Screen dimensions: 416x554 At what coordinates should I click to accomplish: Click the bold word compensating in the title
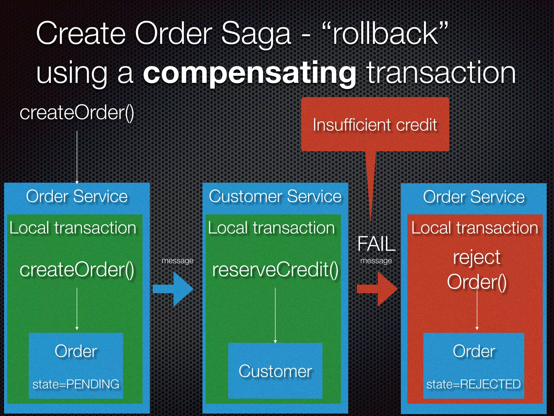249,73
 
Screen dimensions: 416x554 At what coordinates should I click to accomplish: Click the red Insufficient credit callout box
375,125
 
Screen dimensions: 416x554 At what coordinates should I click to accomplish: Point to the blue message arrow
173,289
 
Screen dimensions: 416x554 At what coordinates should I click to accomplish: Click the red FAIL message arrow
377,289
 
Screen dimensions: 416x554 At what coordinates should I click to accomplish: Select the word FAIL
376,244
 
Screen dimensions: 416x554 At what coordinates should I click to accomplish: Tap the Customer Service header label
275,196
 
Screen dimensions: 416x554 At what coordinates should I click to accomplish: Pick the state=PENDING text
76,384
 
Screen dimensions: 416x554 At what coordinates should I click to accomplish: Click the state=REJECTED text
473,384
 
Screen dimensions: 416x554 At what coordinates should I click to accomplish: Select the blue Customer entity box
275,371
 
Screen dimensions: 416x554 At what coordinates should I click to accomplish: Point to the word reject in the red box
477,257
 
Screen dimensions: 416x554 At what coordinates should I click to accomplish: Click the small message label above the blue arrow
177,261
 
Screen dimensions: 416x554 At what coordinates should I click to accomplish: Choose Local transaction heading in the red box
475,228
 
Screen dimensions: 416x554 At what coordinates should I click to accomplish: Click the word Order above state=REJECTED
474,351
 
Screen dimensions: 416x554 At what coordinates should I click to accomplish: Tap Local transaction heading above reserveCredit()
271,228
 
